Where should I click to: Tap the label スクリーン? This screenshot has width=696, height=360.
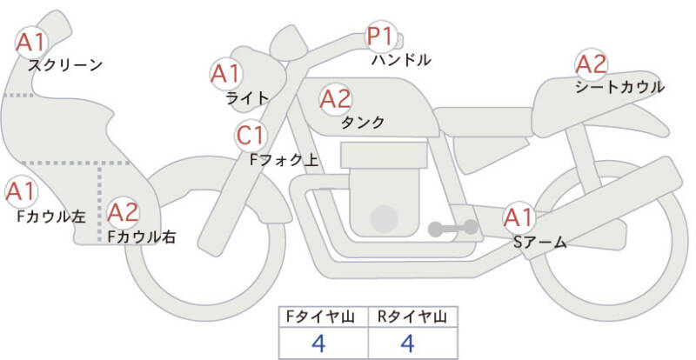point(65,65)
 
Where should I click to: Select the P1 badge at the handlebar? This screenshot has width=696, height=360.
point(380,37)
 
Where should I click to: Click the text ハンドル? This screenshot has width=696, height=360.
point(401,62)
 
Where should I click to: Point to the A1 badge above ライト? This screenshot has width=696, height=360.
point(227,73)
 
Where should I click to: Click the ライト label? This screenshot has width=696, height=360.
point(247,98)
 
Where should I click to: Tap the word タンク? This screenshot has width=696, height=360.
point(364,123)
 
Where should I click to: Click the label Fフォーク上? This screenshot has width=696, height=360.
point(284,160)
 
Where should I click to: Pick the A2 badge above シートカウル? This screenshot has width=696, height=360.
point(592,63)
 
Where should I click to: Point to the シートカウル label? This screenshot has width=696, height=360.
point(619,88)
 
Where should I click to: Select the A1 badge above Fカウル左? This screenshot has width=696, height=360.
point(20,190)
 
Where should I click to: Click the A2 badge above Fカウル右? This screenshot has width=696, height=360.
point(123,211)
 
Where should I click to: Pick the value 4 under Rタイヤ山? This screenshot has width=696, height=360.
point(408,343)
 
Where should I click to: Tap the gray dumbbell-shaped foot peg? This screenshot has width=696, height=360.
point(452,229)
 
